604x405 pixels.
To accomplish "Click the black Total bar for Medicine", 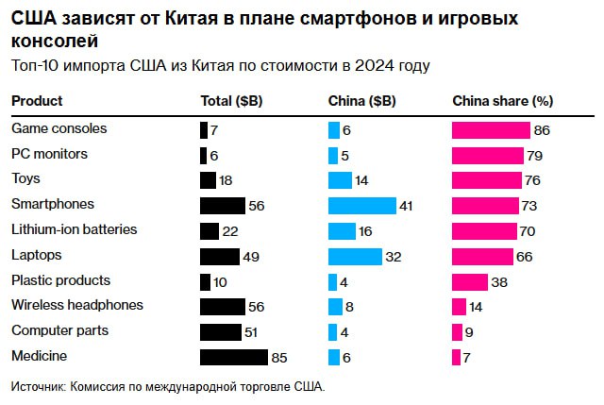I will [234, 357].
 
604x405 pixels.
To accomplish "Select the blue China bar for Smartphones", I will [361, 205].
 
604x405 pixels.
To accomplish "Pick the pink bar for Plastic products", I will [470, 281].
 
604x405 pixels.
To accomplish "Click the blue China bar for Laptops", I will [355, 256].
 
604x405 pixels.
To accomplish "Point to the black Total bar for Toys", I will [209, 179].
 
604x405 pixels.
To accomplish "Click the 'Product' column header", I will [37, 101].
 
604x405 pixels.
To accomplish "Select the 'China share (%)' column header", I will [502, 101].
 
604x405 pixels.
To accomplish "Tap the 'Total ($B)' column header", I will [232, 101].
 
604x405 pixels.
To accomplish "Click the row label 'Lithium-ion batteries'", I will [74, 229].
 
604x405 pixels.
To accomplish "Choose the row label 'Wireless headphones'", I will [76, 305].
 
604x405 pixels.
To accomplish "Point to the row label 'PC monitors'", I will [49, 153].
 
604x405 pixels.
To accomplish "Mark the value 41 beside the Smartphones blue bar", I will [407, 205].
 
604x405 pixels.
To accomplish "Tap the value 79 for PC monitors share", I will [535, 154].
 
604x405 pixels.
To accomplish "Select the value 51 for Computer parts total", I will [252, 331].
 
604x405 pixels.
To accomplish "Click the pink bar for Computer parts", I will [457, 331].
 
